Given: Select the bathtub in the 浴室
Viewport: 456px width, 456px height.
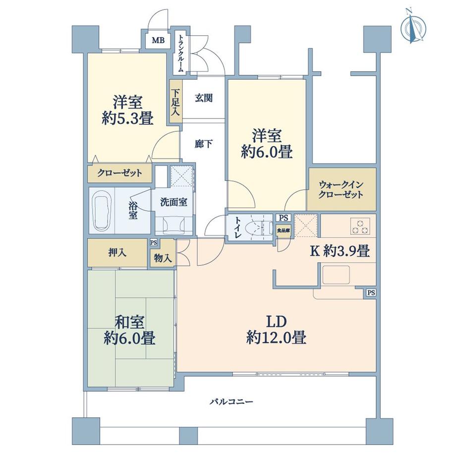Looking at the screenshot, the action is [102, 210].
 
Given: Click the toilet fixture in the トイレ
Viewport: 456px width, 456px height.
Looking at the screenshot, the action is [256, 227].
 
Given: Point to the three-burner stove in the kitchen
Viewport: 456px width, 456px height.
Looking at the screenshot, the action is [360, 226].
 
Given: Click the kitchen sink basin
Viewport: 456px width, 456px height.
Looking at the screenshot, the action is [336, 274].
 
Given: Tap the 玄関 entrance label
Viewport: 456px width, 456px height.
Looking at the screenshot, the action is [204, 98].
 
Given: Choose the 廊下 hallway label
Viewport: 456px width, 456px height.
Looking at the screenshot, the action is [204, 144].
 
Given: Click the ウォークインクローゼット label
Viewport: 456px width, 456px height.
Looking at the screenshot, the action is [341, 189].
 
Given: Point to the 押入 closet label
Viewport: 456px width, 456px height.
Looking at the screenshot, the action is [117, 252].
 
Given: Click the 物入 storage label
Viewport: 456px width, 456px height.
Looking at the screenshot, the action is [163, 258].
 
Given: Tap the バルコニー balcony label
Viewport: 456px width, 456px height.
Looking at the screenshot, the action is [232, 401].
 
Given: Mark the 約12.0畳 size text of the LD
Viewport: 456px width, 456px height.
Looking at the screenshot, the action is [276, 338].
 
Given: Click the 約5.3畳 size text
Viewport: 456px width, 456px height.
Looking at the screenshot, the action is [128, 118].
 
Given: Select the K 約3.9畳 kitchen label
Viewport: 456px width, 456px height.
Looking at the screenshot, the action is [340, 251].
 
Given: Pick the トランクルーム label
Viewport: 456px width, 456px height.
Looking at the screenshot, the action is [181, 54].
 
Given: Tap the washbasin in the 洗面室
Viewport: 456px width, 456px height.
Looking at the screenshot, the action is [173, 224].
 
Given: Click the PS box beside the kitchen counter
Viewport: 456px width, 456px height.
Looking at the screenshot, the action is [371, 293].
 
